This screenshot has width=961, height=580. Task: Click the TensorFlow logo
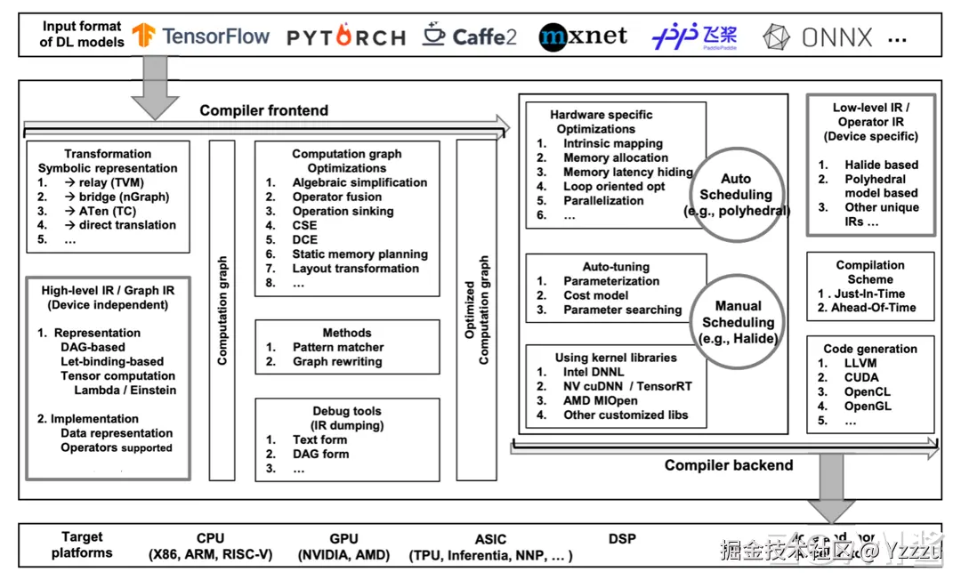tap(201, 36)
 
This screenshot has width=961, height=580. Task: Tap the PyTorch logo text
tap(346, 37)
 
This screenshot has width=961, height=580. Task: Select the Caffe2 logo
tap(470, 36)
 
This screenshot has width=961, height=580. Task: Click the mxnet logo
tap(583, 36)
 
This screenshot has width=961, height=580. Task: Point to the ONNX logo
tap(819, 37)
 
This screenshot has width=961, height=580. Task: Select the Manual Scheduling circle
tap(738, 323)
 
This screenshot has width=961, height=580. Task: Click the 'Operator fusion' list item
tap(336, 197)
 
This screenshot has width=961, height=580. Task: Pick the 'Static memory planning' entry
tap(359, 254)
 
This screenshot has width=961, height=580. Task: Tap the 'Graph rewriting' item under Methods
tap(336, 361)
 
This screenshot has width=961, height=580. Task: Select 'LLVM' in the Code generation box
tap(860, 363)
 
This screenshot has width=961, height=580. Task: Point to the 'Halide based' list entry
tap(881, 165)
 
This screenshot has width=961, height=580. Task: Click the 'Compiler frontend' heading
tap(263, 110)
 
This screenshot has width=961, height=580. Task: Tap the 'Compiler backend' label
tap(728, 464)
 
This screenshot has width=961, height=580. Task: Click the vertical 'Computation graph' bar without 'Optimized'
tap(222, 311)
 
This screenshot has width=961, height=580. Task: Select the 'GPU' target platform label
tap(343, 538)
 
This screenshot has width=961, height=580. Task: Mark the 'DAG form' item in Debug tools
tap(320, 454)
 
